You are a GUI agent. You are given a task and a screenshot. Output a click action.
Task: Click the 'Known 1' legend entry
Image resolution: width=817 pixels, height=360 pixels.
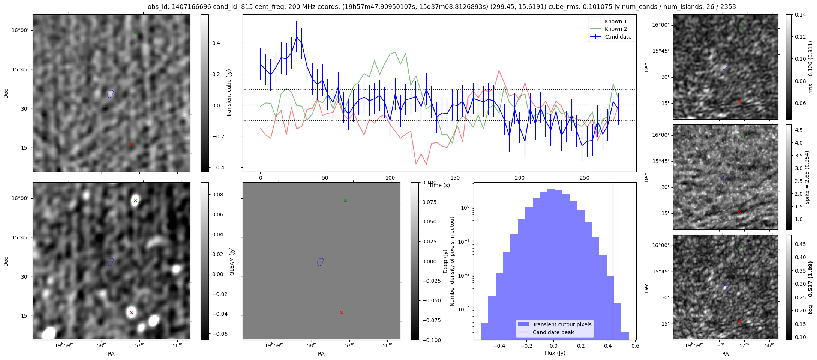[x=615, y=21]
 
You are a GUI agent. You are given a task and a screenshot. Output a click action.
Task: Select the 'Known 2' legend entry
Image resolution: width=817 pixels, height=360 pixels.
[x=615, y=29]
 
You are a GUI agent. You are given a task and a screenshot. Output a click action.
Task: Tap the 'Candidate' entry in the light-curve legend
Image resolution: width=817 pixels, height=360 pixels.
[x=618, y=37]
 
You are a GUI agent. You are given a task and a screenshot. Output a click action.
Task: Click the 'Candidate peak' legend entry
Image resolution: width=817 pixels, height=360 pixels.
[x=553, y=332]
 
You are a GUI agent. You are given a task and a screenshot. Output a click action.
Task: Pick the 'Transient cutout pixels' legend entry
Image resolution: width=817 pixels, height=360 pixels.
[x=562, y=324]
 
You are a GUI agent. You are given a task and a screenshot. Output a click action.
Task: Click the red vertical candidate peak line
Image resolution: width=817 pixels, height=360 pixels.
[x=613, y=262]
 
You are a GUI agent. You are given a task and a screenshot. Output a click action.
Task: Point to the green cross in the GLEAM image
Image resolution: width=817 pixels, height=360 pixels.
[x=135, y=200]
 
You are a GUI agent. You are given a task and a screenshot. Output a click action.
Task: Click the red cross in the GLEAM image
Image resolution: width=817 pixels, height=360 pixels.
[x=132, y=312]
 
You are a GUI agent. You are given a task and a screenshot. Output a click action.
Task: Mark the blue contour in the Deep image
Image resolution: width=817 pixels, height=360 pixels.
[x=320, y=262]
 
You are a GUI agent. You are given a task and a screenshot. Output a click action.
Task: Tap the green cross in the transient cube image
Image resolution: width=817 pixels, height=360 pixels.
[x=135, y=33]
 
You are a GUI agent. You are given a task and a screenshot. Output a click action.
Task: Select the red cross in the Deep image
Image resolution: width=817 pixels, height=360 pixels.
[x=342, y=312]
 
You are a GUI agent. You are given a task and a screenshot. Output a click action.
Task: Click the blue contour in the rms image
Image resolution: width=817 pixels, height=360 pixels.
[x=725, y=67]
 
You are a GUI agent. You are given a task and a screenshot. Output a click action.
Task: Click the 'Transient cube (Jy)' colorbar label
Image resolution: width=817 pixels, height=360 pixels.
[x=229, y=93]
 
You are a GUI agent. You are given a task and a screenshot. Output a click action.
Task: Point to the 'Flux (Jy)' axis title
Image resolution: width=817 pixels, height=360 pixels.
[x=555, y=353]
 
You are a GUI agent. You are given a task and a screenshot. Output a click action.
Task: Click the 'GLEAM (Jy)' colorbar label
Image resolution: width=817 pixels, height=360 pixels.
[x=232, y=261]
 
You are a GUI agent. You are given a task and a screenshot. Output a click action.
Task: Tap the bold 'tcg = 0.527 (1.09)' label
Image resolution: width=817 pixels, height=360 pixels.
[x=810, y=288]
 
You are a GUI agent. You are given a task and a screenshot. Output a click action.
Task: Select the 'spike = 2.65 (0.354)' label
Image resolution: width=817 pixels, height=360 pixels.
[x=807, y=177]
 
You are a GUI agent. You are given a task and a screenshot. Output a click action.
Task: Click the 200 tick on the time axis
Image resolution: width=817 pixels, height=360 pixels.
[x=520, y=178]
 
